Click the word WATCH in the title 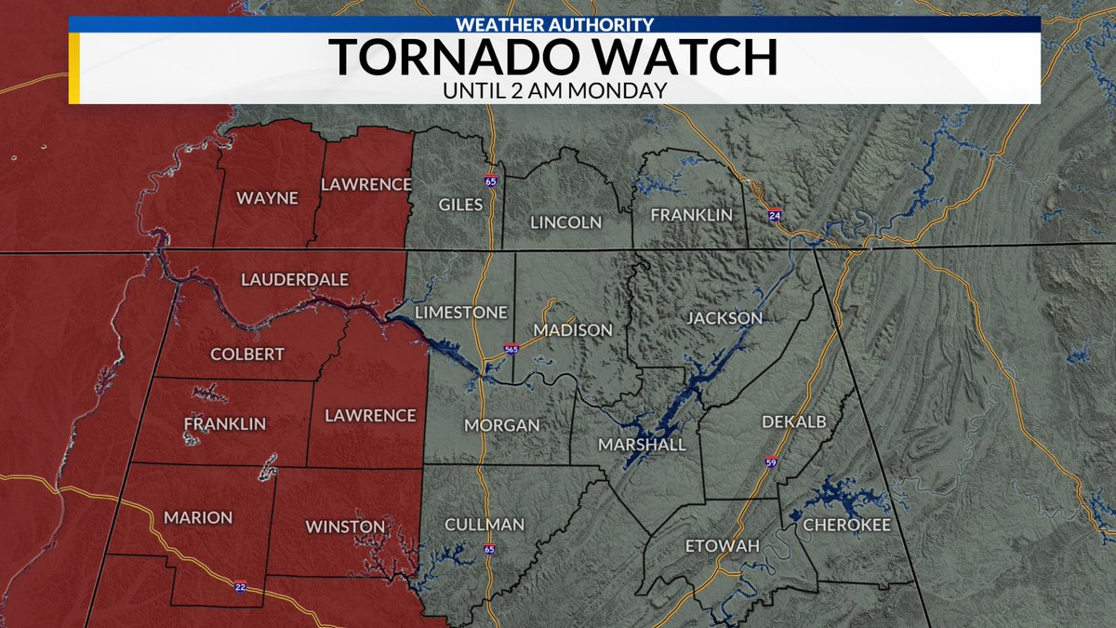point(671,58)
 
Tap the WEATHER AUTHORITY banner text point(555,24)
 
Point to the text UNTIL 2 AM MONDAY point(555,91)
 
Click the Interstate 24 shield point(775,215)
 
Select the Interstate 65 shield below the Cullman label point(489,550)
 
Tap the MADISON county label point(573,330)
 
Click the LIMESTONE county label point(461,312)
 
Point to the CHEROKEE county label point(846,526)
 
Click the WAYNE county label point(267,198)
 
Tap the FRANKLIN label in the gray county point(691,215)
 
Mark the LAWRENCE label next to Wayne point(365,184)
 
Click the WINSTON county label point(345,527)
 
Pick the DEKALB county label point(793,421)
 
